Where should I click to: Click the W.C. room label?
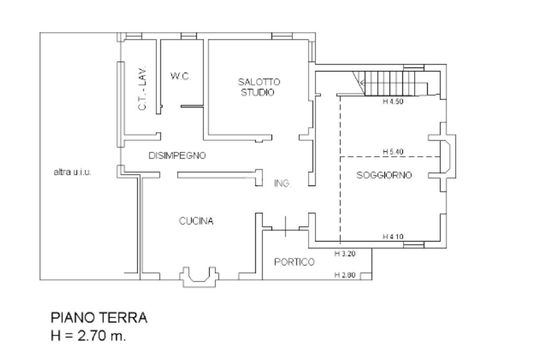[x=180, y=76]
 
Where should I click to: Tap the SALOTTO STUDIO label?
[x=258, y=87]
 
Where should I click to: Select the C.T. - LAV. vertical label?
[x=142, y=90]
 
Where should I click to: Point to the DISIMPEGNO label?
[x=177, y=156]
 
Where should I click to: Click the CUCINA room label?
[x=196, y=221]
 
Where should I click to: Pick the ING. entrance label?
[x=283, y=183]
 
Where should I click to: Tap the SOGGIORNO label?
[x=384, y=175]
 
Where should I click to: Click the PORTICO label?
[x=294, y=262]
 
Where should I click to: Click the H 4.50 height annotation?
[x=393, y=102]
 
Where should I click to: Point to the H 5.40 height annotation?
[x=393, y=152]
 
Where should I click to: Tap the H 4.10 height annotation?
[x=393, y=237]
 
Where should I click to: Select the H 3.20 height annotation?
[x=345, y=254]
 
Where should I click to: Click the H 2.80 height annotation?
[x=345, y=275]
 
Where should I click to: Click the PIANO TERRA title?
[x=99, y=318]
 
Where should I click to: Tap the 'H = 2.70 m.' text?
[x=88, y=336]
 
